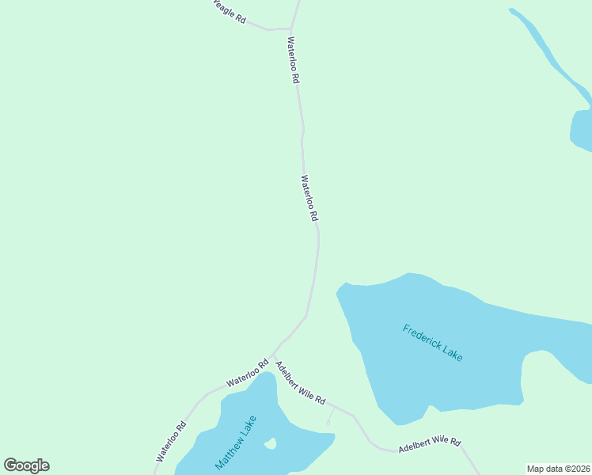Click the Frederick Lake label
pyautogui.click(x=432, y=343)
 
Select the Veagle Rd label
pyautogui.click(x=229, y=11)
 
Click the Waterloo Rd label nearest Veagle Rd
pyautogui.click(x=294, y=61)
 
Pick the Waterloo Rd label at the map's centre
pyautogui.click(x=309, y=198)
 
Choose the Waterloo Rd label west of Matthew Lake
pyautogui.click(x=171, y=441)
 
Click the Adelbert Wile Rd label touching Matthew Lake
pyautogui.click(x=301, y=383)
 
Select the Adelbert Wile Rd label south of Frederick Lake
pyautogui.click(x=429, y=444)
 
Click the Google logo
pyautogui.click(x=26, y=465)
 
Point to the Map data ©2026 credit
pyautogui.click(x=558, y=469)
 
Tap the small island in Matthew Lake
pyautogui.click(x=270, y=443)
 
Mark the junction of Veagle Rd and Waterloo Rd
pyautogui.click(x=291, y=28)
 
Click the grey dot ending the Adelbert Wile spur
pyautogui.click(x=328, y=422)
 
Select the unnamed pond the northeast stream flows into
pyautogui.click(x=582, y=128)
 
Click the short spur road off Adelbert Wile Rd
pyautogui.click(x=331, y=414)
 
